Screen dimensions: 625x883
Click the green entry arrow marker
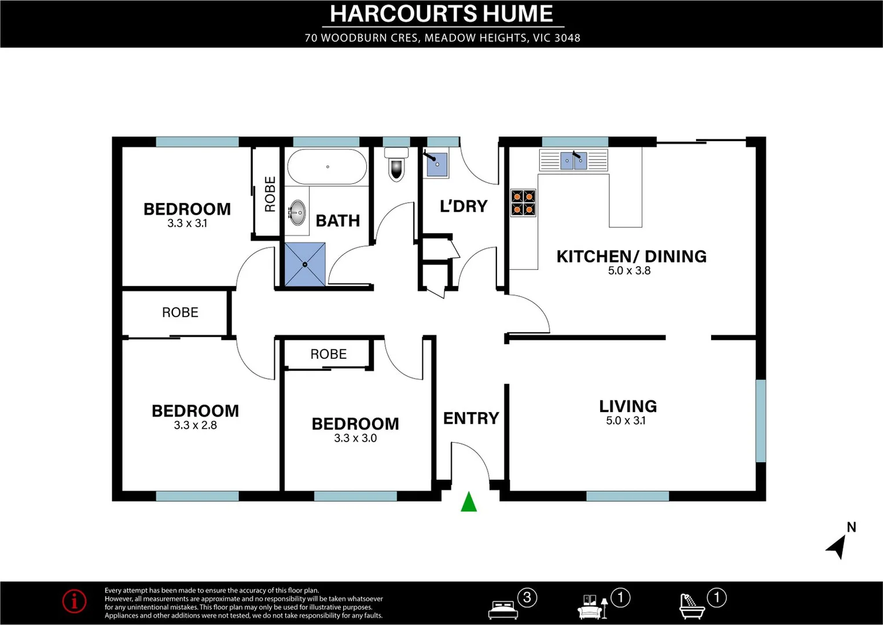tap(469, 502)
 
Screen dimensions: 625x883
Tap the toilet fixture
tap(396, 164)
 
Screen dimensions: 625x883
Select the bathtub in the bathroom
tap(327, 167)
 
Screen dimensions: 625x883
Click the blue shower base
tap(305, 264)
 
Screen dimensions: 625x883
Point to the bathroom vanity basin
tap(297, 212)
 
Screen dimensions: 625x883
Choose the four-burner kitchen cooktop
tap(523, 203)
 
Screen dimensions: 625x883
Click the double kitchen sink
tap(573, 160)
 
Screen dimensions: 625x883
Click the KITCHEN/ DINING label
tap(631, 256)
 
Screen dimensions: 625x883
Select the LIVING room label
tap(628, 406)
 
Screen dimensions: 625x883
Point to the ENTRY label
tap(471, 418)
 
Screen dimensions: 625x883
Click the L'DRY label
tap(463, 206)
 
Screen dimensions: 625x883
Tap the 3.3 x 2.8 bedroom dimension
tap(196, 425)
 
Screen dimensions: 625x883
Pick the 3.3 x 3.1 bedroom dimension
tap(187, 223)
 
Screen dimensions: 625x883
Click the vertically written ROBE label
tap(270, 194)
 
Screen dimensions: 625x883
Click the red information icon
tap(75, 601)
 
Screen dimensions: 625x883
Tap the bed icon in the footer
tap(503, 608)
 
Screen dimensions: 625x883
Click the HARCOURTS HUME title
tap(441, 14)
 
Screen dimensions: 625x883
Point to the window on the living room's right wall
tap(760, 420)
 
